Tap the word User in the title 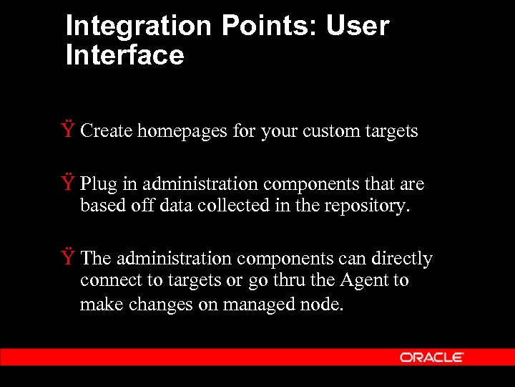tap(357, 27)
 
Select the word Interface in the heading tap(124, 55)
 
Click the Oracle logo tap(432, 357)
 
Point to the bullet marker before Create tap(68, 130)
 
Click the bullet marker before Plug tap(68, 183)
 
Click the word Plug tap(98, 184)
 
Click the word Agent tap(362, 280)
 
